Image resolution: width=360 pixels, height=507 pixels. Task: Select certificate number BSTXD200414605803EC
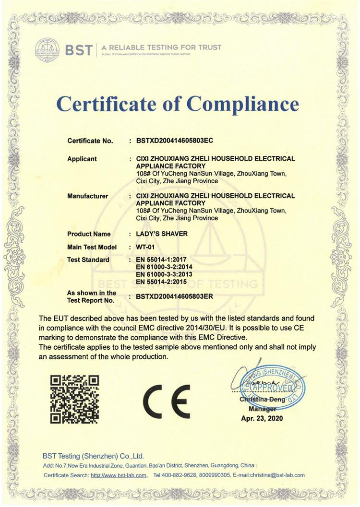(x=174, y=141)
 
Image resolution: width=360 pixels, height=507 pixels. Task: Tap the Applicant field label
(x=82, y=159)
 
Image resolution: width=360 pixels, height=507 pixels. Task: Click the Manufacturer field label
(x=88, y=196)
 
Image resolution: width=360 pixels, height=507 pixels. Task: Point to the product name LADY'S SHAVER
(x=161, y=234)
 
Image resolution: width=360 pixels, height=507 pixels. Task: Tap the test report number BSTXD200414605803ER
(x=174, y=296)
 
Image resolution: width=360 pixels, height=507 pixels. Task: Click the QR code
(x=75, y=399)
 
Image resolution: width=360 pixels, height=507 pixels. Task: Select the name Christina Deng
(x=262, y=399)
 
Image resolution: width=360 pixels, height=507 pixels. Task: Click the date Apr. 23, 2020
(x=262, y=418)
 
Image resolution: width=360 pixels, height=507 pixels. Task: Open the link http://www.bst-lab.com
(x=119, y=475)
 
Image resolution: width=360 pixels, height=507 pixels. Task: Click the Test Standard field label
(x=88, y=259)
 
